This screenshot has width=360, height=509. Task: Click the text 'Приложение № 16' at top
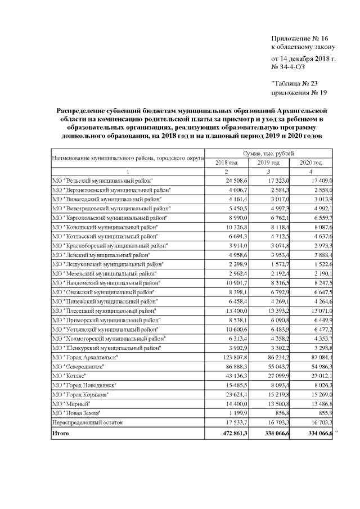[x=299, y=39]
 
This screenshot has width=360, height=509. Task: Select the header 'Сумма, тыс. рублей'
[x=269, y=153]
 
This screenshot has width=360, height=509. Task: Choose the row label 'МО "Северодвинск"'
[x=79, y=367]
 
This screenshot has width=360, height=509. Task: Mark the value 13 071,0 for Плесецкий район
[x=318, y=310]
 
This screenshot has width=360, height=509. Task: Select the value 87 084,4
[x=318, y=358]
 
